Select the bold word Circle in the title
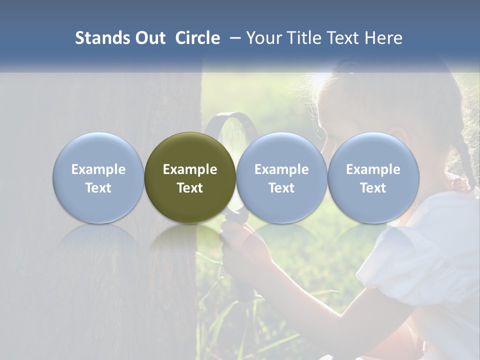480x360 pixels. pos(197,38)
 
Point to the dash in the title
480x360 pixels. pos(233,38)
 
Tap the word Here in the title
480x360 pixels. pos(383,38)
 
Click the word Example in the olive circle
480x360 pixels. pos(190,169)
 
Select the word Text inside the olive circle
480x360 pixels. pos(190,188)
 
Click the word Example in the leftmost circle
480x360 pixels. pos(98,169)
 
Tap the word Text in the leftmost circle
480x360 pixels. pos(98,188)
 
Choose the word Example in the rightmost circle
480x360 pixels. pos(373,169)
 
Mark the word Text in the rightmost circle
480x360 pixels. pos(373,188)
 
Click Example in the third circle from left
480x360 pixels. pos(281,169)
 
